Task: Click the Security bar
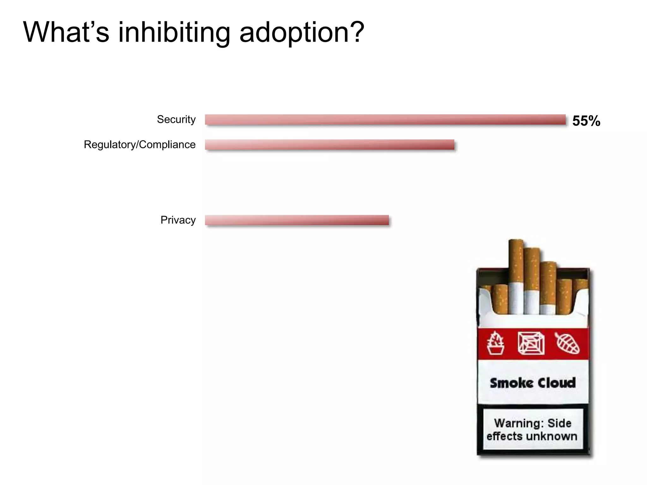(x=385, y=120)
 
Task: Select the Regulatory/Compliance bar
(x=330, y=145)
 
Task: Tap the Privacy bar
(x=297, y=220)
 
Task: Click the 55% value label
(x=586, y=121)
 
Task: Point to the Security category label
(x=176, y=119)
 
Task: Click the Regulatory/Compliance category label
(x=140, y=145)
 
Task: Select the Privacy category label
(x=178, y=220)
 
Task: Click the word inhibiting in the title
(x=174, y=32)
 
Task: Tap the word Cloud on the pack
(x=557, y=383)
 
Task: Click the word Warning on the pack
(x=519, y=423)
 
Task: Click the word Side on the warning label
(x=559, y=423)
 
